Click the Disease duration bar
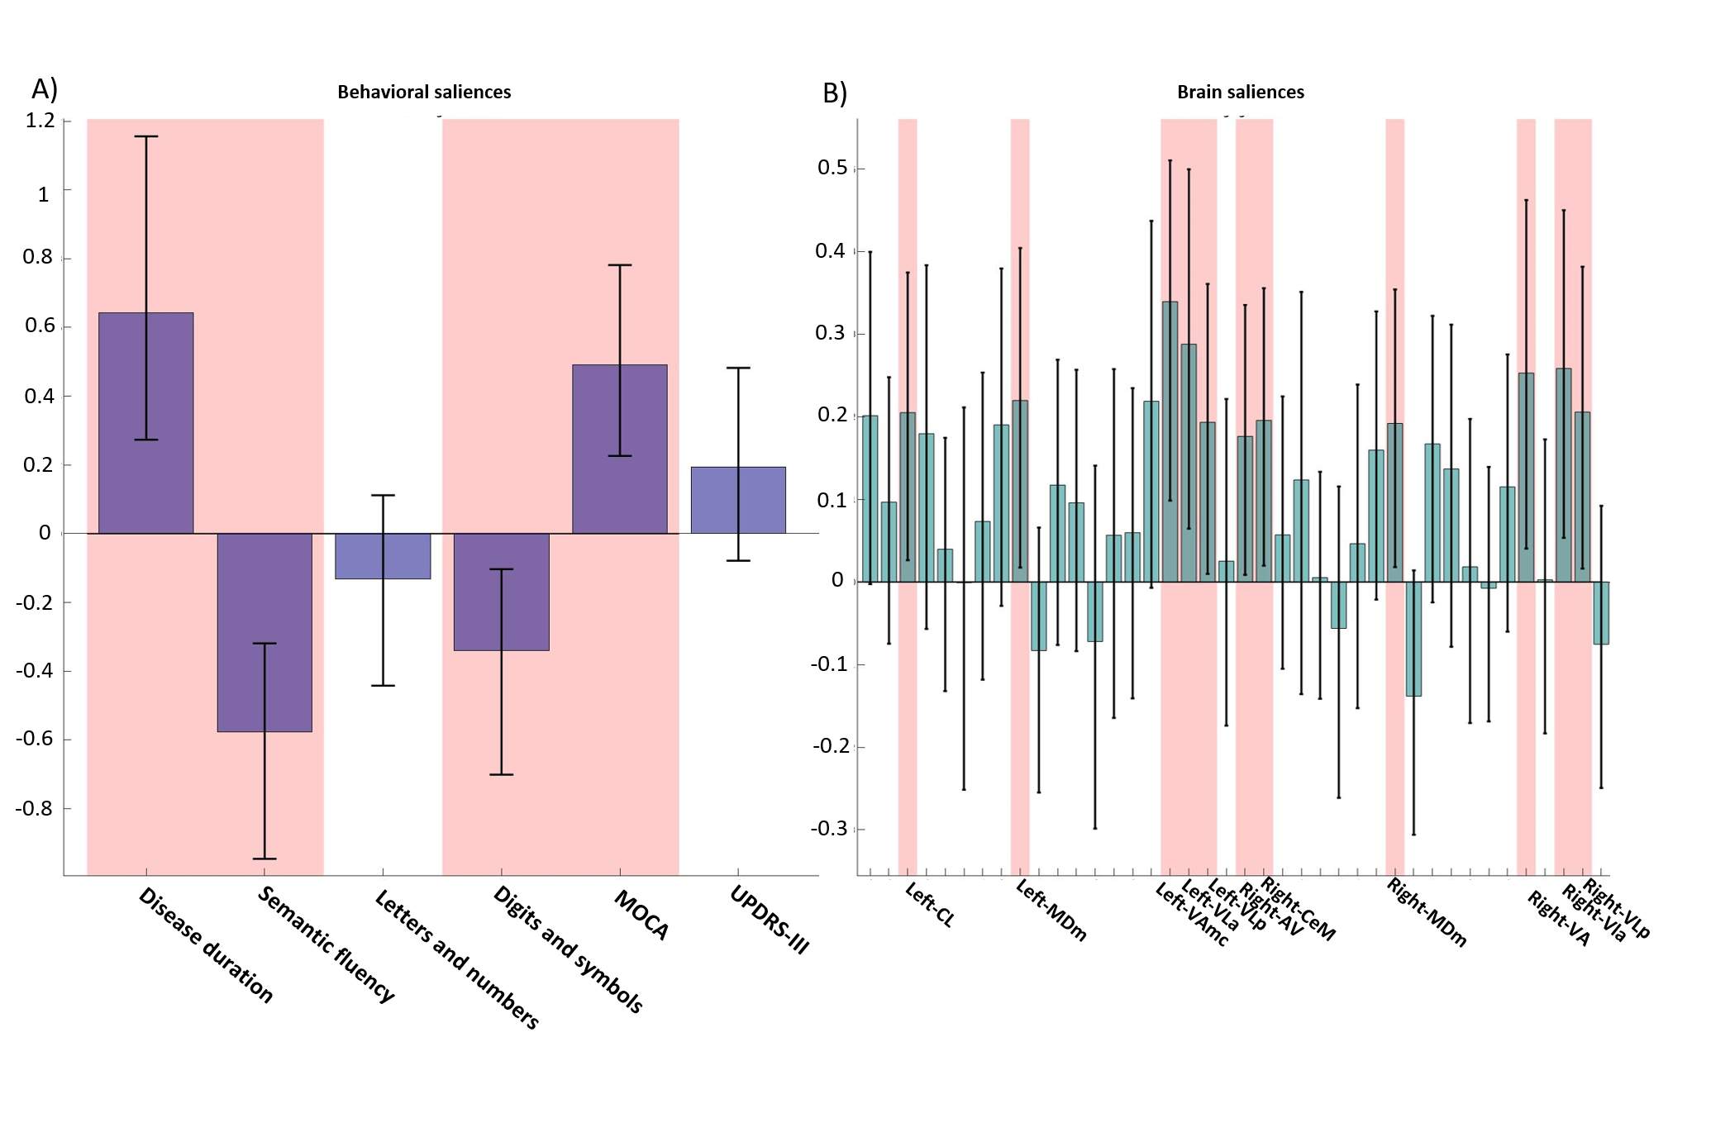145,422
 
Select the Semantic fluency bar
265,632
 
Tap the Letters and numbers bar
383,555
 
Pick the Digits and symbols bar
501,592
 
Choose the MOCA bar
619,449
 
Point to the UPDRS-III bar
738,500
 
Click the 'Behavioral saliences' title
424,92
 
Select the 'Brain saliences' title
1240,92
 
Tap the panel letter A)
45,88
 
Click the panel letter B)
835,93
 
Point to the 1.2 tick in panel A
40,121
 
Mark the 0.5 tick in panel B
832,168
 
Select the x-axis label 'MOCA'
641,915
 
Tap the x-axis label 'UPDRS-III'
770,920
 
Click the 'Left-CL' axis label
930,905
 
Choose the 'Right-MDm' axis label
1427,912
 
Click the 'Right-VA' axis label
1558,918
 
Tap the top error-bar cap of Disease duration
146,136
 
